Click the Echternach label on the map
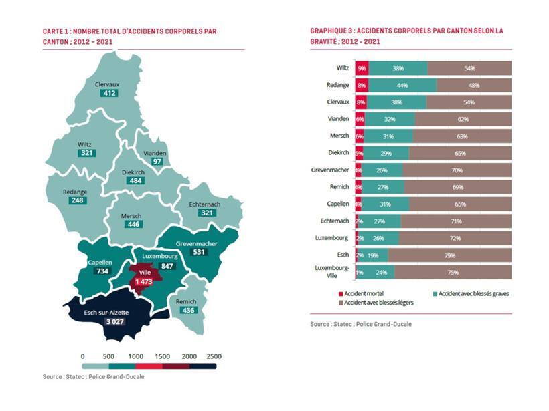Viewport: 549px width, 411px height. coord(205,203)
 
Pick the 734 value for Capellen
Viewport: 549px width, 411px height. coord(101,272)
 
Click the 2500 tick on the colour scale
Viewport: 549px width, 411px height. coord(215,356)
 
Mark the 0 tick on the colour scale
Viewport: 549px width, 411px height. coord(82,356)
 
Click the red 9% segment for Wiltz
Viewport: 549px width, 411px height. coord(362,68)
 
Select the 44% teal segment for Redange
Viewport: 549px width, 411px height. coord(402,85)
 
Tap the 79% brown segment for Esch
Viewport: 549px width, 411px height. coord(449,255)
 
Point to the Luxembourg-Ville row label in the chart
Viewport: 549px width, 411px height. coord(333,271)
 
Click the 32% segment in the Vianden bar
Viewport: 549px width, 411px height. coord(390,119)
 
